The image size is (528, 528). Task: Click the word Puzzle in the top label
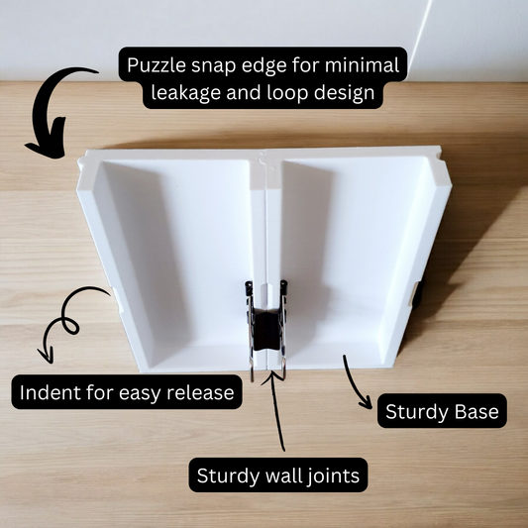157,65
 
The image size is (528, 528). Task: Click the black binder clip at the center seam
266,329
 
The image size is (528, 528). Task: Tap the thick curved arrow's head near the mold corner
49,143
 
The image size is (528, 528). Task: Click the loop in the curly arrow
70,325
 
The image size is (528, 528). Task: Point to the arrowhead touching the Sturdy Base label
366,402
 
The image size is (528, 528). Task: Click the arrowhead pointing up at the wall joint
271,375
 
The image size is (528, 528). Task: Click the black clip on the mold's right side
418,294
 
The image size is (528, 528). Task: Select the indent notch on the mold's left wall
117,299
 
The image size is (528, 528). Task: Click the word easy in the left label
141,393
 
